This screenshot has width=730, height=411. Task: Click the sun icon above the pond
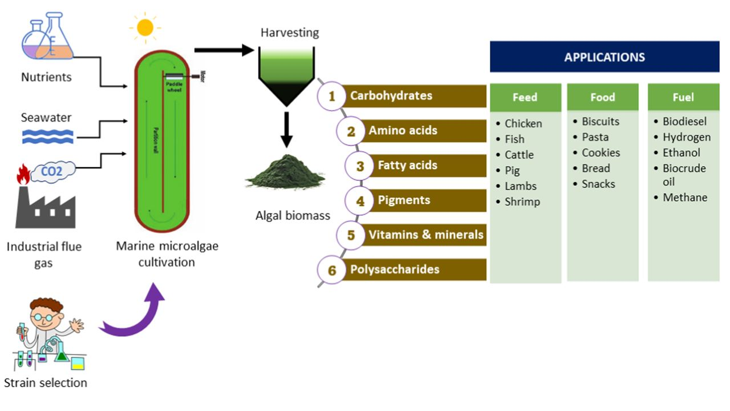click(145, 27)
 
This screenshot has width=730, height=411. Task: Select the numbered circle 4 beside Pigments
click(360, 201)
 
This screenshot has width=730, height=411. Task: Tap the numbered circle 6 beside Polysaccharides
click(332, 270)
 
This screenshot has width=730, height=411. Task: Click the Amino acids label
click(403, 131)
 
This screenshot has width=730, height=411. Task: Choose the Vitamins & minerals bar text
click(425, 235)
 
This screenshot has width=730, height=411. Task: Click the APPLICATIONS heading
click(604, 57)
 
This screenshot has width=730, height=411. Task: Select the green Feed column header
click(525, 98)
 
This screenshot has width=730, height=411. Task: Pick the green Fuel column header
click(683, 98)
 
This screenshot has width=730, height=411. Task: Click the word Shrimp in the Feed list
click(522, 202)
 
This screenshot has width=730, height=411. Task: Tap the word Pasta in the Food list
click(595, 137)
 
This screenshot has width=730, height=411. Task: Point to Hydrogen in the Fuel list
click(686, 137)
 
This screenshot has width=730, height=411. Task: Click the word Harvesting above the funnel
click(290, 33)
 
